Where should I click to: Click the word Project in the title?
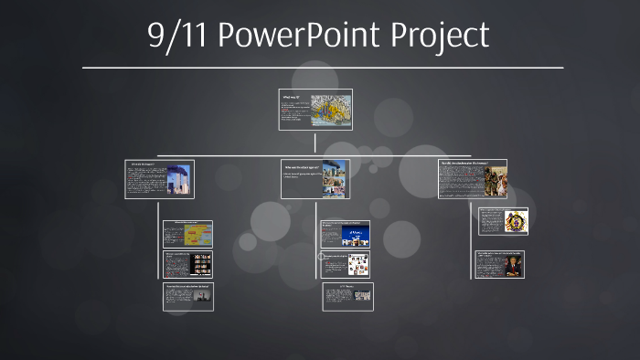click(x=438, y=36)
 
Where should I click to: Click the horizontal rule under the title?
click(x=322, y=68)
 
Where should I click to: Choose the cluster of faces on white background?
click(x=357, y=265)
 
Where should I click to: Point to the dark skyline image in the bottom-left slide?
click(x=200, y=298)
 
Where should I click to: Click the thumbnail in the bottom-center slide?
click(x=361, y=295)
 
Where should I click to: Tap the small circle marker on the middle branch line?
click(x=321, y=258)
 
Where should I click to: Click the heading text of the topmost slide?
click(x=291, y=95)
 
